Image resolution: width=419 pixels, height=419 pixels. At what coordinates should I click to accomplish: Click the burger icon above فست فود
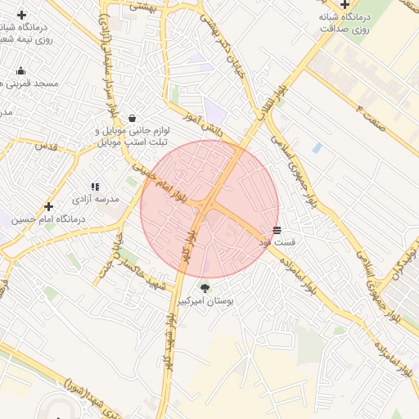(277, 231)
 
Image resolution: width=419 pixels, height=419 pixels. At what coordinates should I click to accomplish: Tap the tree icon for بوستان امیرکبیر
(205, 287)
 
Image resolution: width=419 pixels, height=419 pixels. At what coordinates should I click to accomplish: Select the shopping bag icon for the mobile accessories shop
(133, 117)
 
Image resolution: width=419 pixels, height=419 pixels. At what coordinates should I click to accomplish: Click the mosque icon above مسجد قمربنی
(20, 70)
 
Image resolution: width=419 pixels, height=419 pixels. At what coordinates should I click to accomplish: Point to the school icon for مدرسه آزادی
(95, 187)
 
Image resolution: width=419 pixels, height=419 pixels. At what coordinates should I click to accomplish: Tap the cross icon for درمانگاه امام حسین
(48, 206)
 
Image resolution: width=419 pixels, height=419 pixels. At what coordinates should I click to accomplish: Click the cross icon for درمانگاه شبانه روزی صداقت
(345, 4)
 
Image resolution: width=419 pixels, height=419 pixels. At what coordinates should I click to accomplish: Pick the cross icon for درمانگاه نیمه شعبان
(20, 15)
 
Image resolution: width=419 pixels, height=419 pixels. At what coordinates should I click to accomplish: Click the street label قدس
(46, 145)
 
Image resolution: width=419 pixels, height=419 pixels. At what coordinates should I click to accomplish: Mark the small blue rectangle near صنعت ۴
(317, 148)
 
